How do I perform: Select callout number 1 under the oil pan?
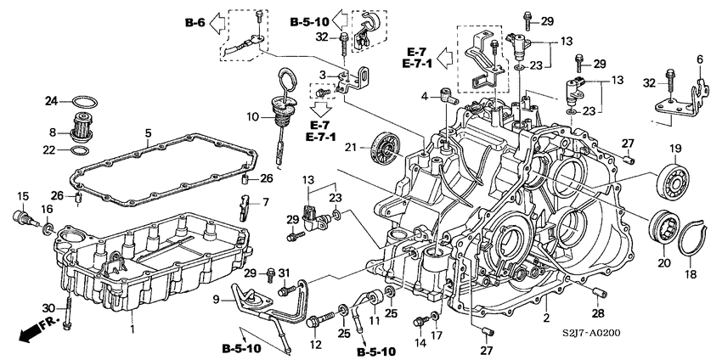click(133, 328)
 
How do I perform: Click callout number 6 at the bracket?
click(701, 59)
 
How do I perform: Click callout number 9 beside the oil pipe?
click(217, 299)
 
